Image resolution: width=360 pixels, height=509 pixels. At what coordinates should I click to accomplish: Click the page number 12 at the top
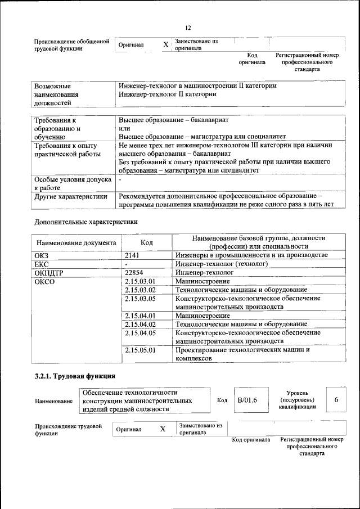pyautogui.click(x=188, y=28)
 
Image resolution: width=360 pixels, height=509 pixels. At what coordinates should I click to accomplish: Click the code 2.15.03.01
pyautogui.click(x=139, y=281)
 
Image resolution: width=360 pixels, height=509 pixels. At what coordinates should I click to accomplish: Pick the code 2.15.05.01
pyautogui.click(x=139, y=350)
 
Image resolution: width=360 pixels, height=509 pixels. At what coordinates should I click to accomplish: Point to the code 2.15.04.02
pyautogui.click(x=139, y=324)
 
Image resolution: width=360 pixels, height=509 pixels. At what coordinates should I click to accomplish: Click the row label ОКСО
pyautogui.click(x=45, y=281)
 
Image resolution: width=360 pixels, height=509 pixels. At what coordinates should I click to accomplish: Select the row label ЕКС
pyautogui.click(x=42, y=264)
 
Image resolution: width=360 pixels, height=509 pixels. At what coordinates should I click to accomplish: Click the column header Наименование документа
pyautogui.click(x=76, y=242)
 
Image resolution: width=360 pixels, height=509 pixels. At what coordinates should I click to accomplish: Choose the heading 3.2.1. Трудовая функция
pyautogui.click(x=75, y=376)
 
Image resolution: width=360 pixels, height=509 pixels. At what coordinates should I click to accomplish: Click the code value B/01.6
pyautogui.click(x=247, y=400)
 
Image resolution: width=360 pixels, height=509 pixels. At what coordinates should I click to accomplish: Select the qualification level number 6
pyautogui.click(x=336, y=400)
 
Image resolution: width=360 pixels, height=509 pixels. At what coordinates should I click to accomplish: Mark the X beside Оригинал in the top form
pyautogui.click(x=165, y=44)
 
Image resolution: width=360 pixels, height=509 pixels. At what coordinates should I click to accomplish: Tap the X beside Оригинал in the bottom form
pyautogui.click(x=163, y=429)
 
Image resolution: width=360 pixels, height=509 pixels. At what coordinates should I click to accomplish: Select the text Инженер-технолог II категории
pyautogui.click(x=167, y=94)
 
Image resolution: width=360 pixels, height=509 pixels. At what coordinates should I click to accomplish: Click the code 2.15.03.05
pyautogui.click(x=139, y=298)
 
